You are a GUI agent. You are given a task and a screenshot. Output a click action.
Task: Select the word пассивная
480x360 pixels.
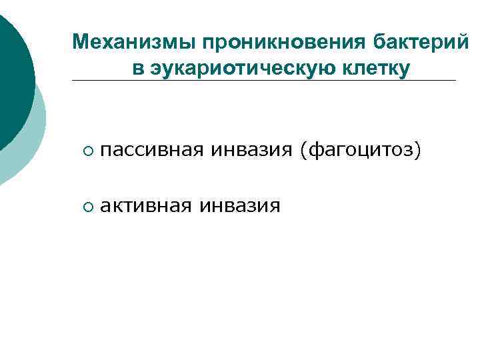click(151, 152)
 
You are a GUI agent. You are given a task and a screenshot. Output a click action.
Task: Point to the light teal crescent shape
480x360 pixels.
click(37, 140)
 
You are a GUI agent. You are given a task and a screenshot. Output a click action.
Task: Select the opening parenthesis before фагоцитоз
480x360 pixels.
click(303, 153)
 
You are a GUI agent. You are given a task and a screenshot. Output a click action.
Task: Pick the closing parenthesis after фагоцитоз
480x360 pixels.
click(419, 153)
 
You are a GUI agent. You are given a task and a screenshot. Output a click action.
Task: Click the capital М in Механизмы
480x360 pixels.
click(80, 43)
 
